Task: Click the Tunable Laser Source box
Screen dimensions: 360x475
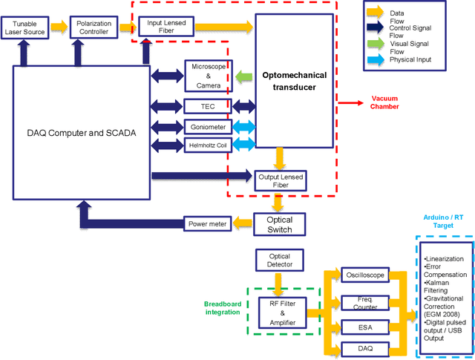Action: coord(27,27)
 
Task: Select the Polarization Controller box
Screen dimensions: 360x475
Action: coord(94,27)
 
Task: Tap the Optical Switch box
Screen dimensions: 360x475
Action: coord(280,223)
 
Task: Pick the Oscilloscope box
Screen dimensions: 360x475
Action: coord(363,275)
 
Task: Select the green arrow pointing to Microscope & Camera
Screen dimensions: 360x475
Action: coord(243,75)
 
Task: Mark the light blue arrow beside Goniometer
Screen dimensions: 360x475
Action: coord(243,127)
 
